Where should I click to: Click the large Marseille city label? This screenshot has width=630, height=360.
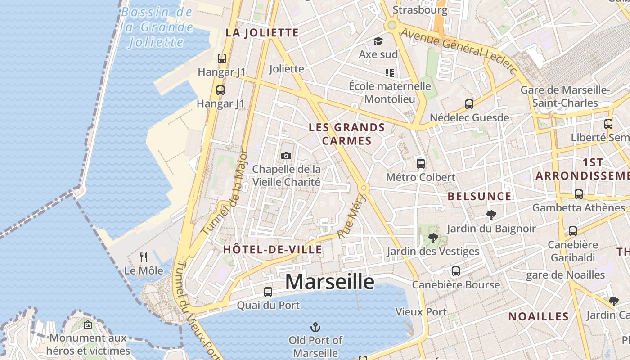pos(330,282)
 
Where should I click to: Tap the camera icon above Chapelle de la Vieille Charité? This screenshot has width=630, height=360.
pos(286,156)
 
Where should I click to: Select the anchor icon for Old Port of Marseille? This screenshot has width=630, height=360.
pos(315,327)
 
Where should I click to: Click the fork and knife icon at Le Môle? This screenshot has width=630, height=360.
pos(144,257)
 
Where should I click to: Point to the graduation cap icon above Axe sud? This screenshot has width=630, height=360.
pos(378,41)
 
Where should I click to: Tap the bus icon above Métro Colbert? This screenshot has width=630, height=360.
pos(421,164)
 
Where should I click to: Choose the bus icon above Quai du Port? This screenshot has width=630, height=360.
pos(268,292)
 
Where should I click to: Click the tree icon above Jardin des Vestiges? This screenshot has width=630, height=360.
pos(433,238)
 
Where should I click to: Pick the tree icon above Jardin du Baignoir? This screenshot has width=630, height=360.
pos(491,215)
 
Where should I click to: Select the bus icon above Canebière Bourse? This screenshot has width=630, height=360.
pos(456,271)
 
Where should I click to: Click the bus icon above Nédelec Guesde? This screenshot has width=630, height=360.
pos(469,104)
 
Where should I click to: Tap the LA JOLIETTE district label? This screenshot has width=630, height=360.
pos(262,32)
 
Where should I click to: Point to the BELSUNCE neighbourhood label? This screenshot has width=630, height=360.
pos(480,196)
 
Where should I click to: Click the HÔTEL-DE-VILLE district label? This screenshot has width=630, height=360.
pos(273,250)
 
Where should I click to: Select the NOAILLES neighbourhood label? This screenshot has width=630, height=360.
pos(539,316)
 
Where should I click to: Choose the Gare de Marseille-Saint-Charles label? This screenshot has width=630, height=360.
pos(565,96)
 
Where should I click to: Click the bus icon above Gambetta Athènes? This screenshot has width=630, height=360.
pos(579,194)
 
